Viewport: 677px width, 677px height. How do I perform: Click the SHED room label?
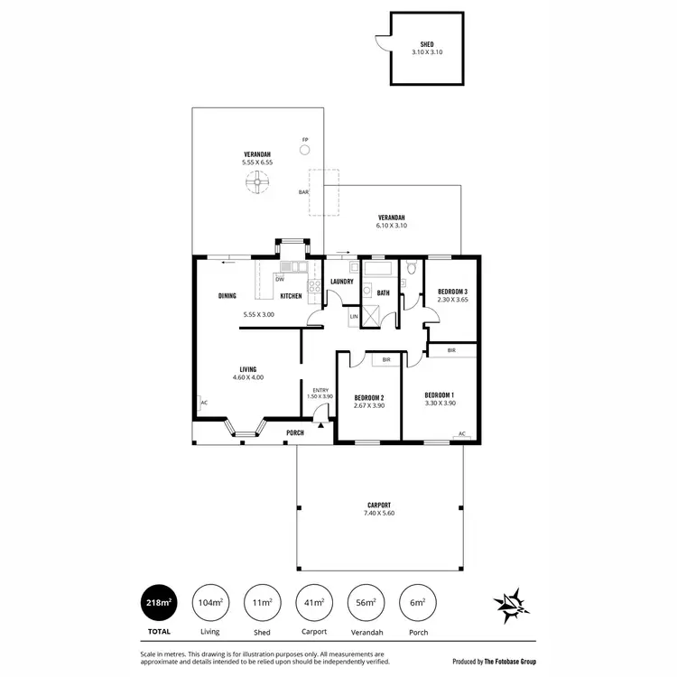[x=427, y=43]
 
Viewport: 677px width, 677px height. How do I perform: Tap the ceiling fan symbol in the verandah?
[x=257, y=183]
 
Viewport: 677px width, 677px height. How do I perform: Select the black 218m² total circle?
[x=160, y=602]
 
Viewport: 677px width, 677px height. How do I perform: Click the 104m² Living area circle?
[x=210, y=602]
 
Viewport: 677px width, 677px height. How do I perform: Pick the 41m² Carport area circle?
[x=313, y=602]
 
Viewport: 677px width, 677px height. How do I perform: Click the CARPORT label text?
[x=379, y=505]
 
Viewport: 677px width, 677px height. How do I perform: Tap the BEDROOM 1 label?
[x=440, y=394]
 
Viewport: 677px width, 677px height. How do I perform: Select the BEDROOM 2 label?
[x=369, y=398]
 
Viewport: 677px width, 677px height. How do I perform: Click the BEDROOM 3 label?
[x=452, y=292]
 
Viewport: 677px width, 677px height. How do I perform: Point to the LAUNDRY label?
[x=341, y=282]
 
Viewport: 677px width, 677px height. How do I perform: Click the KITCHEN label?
[x=291, y=296]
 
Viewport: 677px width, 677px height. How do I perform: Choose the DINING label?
[x=227, y=296]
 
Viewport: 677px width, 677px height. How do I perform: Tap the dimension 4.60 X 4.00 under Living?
[x=248, y=377]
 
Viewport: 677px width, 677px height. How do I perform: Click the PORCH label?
[x=294, y=433]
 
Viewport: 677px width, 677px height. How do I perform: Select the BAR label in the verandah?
[x=303, y=191]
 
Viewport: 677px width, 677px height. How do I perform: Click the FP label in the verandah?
[x=305, y=139]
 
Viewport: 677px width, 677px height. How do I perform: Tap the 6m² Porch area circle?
[x=416, y=602]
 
